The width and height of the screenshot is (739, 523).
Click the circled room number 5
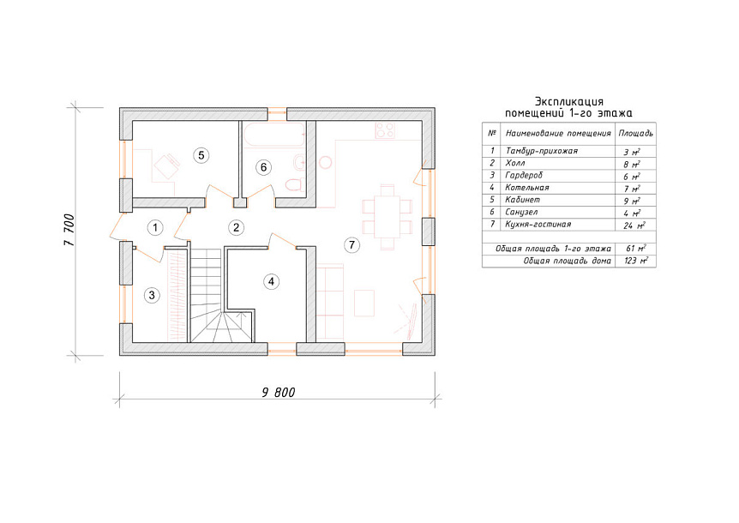[201, 155]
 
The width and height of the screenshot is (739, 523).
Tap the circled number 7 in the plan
[351, 244]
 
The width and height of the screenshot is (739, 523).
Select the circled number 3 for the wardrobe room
[152, 295]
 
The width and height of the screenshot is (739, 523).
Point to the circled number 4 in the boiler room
[271, 282]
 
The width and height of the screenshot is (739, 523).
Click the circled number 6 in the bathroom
[263, 167]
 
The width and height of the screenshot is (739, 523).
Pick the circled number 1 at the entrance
[155, 227]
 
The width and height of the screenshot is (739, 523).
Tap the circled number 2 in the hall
[236, 227]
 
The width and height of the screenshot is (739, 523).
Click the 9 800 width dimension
[279, 393]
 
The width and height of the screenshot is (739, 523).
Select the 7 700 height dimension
[69, 230]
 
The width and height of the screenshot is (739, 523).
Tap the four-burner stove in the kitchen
[385, 130]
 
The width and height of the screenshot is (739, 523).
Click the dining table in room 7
[387, 217]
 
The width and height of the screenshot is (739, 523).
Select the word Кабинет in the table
[522, 200]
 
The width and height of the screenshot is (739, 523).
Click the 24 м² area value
[634, 225]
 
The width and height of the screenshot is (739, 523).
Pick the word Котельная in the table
[527, 188]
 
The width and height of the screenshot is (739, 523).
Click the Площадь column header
[635, 134]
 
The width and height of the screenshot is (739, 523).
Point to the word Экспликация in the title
[569, 102]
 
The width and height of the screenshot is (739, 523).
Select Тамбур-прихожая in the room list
[542, 151]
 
